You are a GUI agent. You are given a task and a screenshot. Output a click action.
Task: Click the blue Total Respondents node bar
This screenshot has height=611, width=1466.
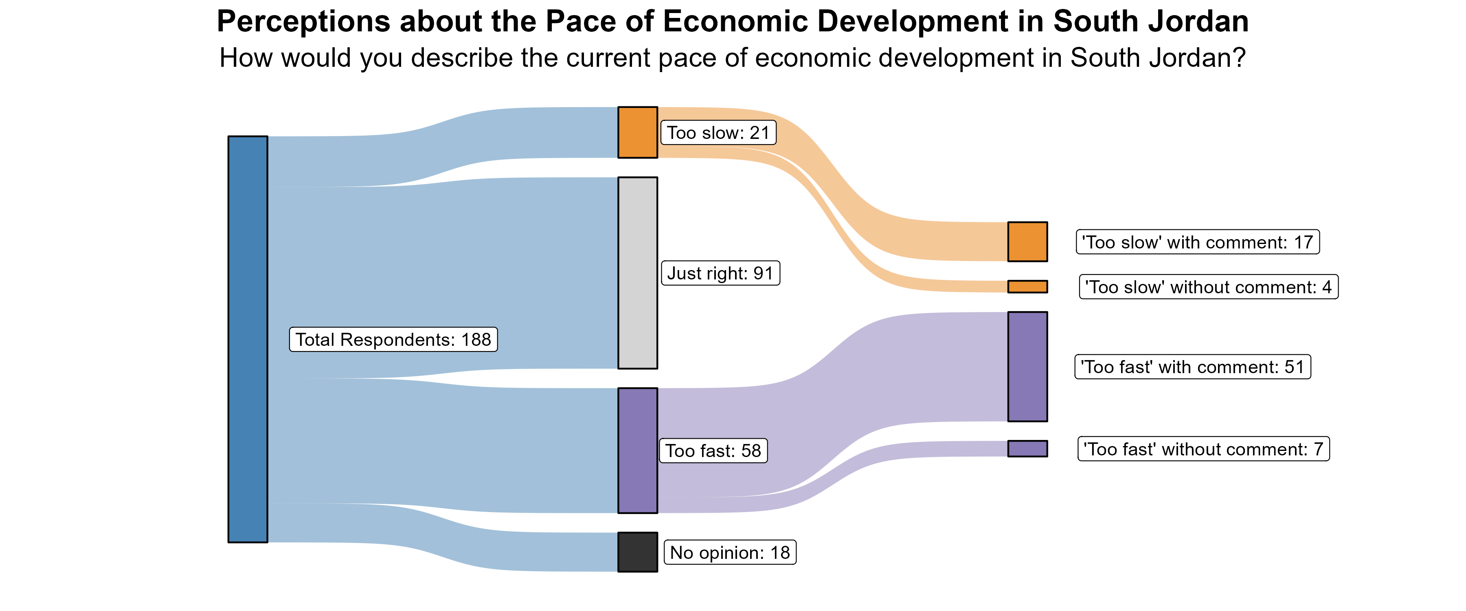pos(248,339)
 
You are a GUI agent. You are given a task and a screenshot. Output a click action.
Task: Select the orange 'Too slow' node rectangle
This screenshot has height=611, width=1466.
pos(637,132)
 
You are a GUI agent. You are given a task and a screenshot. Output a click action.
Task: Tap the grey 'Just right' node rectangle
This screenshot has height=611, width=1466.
pos(637,273)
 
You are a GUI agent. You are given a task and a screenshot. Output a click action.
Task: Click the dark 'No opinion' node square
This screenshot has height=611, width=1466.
pos(637,552)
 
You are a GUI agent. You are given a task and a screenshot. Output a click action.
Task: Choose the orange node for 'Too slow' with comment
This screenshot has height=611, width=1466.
pos(1027,242)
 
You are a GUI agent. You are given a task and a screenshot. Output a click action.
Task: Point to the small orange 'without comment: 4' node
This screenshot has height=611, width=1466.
pos(1027,286)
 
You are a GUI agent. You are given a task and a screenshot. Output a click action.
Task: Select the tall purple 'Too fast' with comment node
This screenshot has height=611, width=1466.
pos(1027,366)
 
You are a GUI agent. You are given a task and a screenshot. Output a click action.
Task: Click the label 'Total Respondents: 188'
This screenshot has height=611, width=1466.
pos(393,339)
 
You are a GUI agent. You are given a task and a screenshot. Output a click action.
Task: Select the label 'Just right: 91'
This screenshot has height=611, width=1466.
pos(720,273)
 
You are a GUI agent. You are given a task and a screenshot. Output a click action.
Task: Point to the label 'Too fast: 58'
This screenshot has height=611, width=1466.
pos(713,451)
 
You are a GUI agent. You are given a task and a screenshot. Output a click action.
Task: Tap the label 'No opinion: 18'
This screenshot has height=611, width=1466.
pos(730,552)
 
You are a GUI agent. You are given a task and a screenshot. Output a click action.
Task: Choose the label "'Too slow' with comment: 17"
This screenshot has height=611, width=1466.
pos(1197,242)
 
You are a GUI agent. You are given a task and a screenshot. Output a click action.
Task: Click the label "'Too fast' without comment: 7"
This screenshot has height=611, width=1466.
pos(1203,449)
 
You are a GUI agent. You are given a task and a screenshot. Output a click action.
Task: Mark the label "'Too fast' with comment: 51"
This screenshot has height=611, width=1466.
pos(1192,367)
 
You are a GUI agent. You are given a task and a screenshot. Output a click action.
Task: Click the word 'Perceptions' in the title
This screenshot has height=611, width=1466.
pos(302,22)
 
